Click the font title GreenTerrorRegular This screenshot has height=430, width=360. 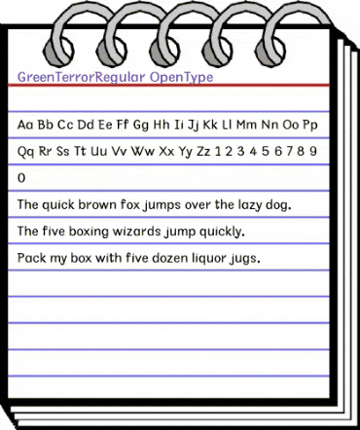(x=82, y=75)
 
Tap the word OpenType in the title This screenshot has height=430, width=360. (x=182, y=75)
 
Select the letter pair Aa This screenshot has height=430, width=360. (x=26, y=125)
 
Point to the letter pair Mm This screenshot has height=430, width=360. (x=246, y=125)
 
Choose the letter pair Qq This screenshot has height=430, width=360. (x=26, y=153)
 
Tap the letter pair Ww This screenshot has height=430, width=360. (x=143, y=153)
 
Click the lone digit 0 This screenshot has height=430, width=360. (x=22, y=180)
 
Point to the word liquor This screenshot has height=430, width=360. (x=207, y=260)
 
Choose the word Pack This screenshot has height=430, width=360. (x=32, y=260)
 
